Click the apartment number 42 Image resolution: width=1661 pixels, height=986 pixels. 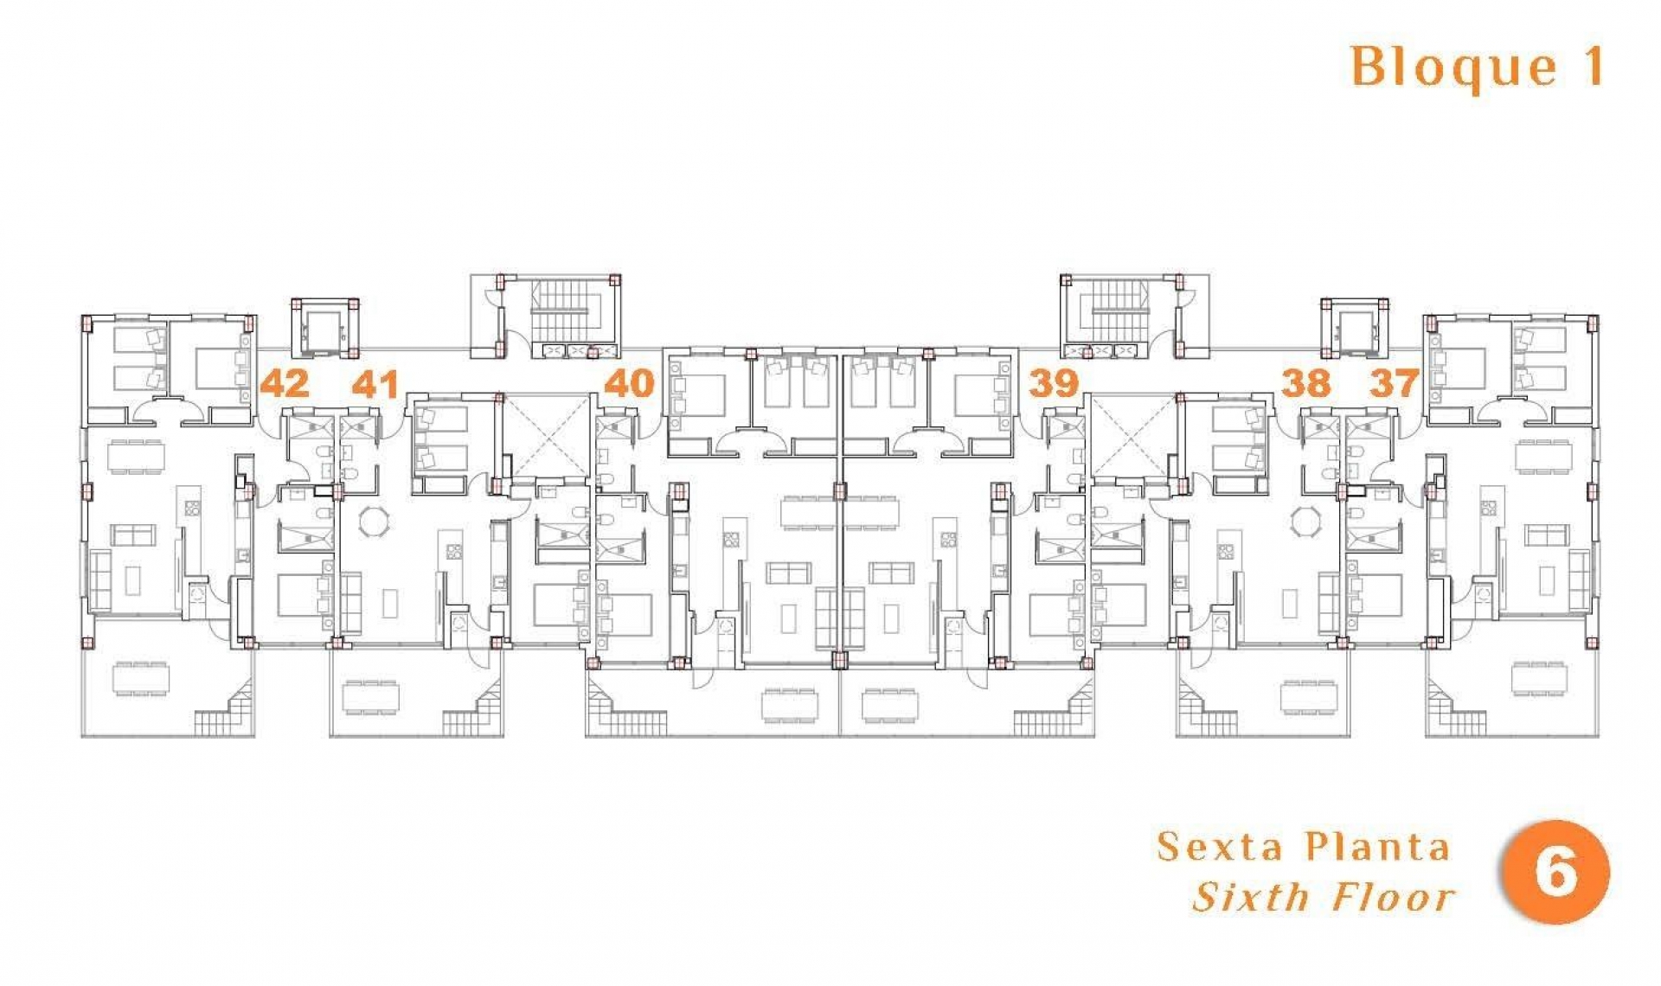pos(285,383)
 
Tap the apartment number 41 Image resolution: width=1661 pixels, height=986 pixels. pos(375,384)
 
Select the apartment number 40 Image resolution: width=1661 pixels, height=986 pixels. pos(629,383)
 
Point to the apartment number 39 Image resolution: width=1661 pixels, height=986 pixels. pos(1054,382)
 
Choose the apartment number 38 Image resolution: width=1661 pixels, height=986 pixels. pos(1305,383)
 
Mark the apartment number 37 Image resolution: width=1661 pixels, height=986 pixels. pos(1394,382)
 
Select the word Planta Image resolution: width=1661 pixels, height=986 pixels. pos(1376,847)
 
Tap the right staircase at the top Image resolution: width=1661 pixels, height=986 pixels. pos(1121,311)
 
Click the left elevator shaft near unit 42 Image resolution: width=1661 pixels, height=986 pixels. pos(325,329)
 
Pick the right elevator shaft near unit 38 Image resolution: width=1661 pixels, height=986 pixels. pos(1354,329)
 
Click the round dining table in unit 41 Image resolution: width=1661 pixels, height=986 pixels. pos(375,522)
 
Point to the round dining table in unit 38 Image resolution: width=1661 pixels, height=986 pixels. pos(1305,522)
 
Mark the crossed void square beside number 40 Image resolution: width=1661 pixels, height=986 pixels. pos(546,437)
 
